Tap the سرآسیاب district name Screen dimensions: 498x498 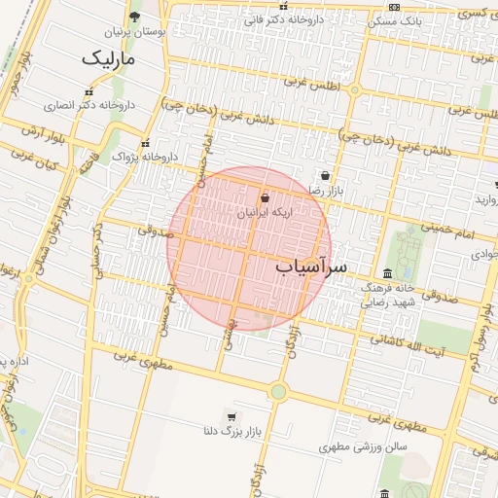311,265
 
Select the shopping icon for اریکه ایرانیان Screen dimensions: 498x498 266,197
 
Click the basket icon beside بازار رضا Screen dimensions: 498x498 325,176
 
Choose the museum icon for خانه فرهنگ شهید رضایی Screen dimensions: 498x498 388,273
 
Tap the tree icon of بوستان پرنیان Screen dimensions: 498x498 134,17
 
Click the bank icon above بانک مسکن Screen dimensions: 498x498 393,7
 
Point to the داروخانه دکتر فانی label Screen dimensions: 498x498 282,19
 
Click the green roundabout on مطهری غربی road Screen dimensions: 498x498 279,391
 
